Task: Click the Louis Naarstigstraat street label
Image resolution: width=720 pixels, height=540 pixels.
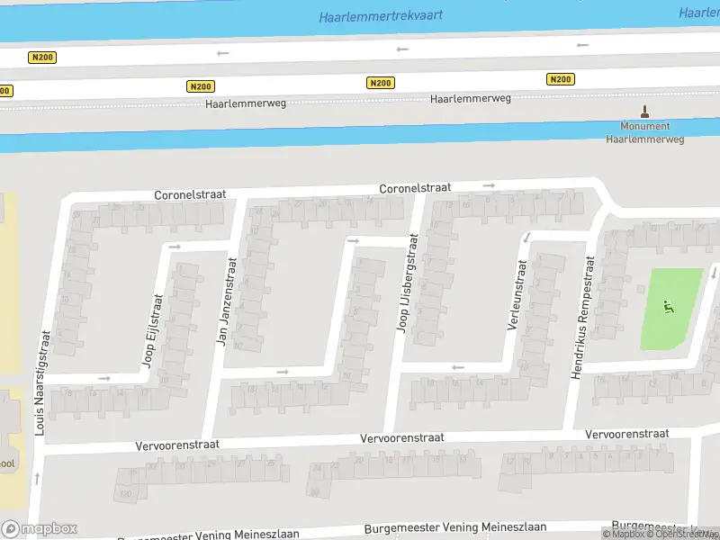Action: click(x=40, y=382)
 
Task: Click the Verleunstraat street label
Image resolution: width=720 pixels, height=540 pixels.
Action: click(x=517, y=295)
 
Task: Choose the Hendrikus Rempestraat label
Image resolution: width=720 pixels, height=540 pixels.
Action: click(x=583, y=317)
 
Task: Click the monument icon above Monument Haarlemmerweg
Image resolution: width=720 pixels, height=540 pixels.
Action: click(x=643, y=112)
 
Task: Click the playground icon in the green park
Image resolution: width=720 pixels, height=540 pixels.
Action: click(x=667, y=307)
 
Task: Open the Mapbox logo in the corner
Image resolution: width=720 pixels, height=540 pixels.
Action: click(x=39, y=528)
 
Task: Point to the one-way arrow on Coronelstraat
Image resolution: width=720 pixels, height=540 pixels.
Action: click(x=489, y=185)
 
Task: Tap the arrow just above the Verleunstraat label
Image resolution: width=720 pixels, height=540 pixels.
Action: click(x=527, y=238)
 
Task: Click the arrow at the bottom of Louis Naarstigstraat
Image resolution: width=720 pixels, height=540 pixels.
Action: click(x=37, y=477)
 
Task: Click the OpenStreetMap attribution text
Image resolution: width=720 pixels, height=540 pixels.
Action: click(x=686, y=534)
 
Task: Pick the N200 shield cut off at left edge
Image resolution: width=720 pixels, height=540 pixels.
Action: click(x=4, y=90)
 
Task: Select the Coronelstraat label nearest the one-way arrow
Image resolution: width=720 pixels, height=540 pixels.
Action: click(x=415, y=189)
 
